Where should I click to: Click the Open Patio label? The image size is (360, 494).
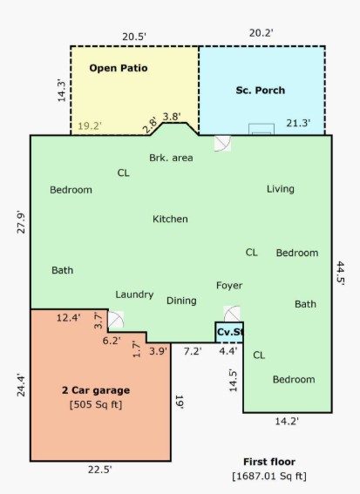119,68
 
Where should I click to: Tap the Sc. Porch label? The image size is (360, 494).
261,91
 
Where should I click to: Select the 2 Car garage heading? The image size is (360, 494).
96,390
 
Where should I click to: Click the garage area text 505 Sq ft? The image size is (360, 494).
96,404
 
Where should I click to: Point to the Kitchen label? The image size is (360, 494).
170,219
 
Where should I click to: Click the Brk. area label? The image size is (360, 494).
171,158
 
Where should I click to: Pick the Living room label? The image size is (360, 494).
281,189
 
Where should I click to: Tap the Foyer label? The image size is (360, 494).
229,286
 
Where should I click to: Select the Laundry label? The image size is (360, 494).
134,294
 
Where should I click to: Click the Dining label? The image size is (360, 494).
181,301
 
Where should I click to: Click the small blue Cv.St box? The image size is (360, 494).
229,332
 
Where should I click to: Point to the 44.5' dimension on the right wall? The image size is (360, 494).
341,274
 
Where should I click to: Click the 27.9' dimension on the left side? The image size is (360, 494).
21,222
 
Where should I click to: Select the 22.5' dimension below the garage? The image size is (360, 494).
100,470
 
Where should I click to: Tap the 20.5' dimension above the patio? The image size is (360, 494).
134,37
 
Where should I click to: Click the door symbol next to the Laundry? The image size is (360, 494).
116,320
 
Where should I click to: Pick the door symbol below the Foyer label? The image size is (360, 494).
232,314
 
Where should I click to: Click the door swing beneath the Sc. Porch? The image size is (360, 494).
222,144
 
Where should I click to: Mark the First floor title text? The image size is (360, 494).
269,462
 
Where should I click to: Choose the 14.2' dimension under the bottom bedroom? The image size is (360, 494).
287,421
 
